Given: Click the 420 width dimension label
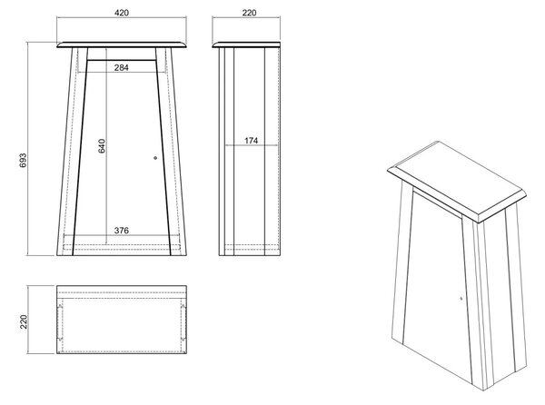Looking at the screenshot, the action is point(122,13).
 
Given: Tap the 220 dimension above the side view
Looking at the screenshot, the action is point(249,13).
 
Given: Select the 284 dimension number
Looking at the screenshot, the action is point(122,68).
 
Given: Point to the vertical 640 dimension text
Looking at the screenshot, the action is point(101,146).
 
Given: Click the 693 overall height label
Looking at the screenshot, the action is point(23,160).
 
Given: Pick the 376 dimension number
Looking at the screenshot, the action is point(122,231).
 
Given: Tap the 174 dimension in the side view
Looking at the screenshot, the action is point(251,141).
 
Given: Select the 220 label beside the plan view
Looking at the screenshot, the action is point(24,321).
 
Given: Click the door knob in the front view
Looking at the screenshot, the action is point(155,158).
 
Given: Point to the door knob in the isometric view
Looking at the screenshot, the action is point(461,299).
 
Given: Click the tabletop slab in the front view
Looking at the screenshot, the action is point(122,44).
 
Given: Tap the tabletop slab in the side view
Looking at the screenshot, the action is point(246,44).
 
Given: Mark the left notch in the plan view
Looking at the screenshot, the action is point(60,323).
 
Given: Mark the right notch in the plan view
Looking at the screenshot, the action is point(183,323).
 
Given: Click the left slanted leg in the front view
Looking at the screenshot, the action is point(73,152).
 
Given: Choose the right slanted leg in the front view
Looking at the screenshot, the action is point(171,152).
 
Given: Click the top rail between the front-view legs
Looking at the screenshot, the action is point(122,54).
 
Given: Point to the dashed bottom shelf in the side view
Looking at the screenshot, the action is point(253,247).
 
